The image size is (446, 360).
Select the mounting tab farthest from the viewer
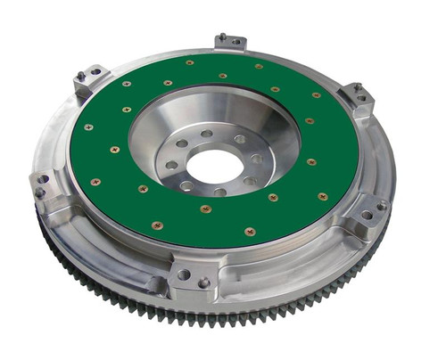click(230, 42)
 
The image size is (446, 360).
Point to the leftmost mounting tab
click(44, 184)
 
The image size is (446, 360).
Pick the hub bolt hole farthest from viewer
click(206, 134)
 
